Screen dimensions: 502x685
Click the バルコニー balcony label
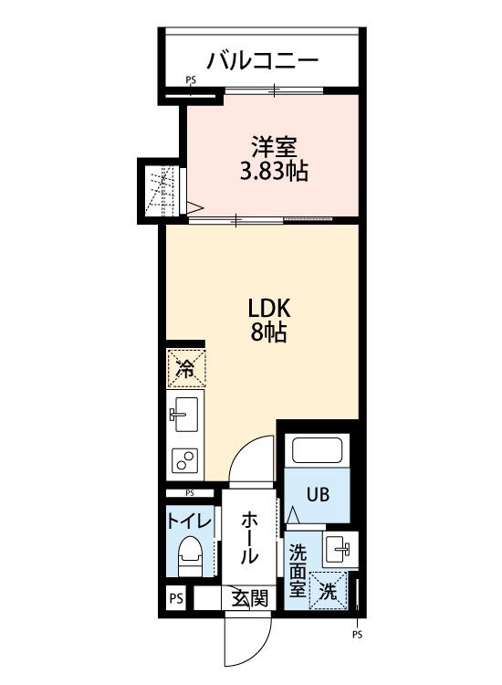click(262, 60)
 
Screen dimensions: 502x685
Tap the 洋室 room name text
click(274, 147)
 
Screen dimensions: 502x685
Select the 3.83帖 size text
click(274, 172)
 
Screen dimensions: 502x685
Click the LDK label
click(269, 309)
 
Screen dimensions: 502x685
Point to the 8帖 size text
click(268, 332)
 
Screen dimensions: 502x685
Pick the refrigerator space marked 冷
click(186, 368)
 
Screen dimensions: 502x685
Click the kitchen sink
click(184, 414)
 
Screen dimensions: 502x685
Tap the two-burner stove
click(184, 460)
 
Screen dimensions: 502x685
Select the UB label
click(318, 495)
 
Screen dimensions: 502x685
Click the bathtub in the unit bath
click(317, 450)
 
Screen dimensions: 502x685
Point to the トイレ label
click(190, 522)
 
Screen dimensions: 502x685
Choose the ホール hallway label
click(249, 538)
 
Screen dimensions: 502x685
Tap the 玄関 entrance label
click(249, 597)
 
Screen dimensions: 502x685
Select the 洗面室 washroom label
click(298, 572)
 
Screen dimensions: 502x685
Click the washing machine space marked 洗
click(328, 591)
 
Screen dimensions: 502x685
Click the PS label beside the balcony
click(191, 80)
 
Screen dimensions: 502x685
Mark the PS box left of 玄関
click(176, 598)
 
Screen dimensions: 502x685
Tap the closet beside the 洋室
click(162, 191)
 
